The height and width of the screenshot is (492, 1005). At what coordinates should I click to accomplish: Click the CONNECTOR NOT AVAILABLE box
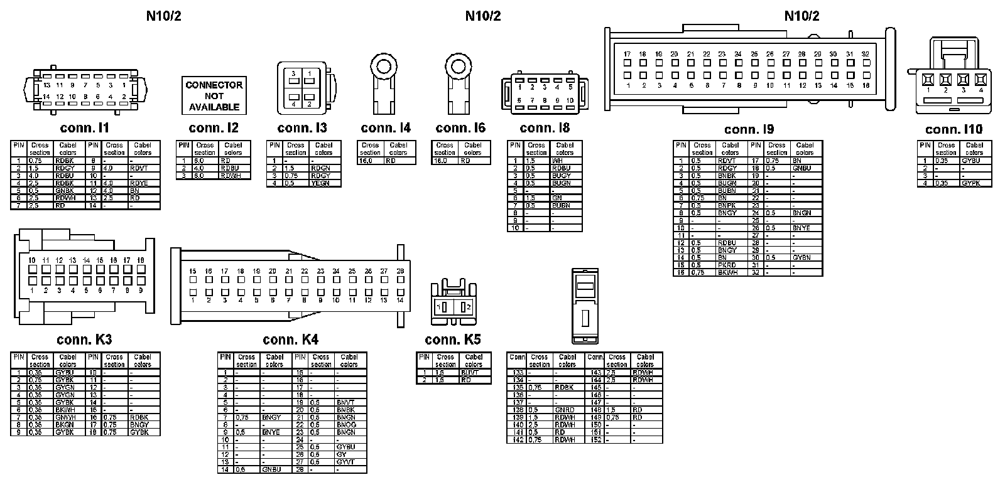(214, 96)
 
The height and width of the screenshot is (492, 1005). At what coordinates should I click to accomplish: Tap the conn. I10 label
(953, 129)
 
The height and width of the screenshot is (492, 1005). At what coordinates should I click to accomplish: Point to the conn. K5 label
(452, 340)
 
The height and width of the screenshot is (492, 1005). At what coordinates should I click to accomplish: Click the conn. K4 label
(290, 340)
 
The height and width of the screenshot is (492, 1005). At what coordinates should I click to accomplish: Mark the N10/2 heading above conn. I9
(801, 16)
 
